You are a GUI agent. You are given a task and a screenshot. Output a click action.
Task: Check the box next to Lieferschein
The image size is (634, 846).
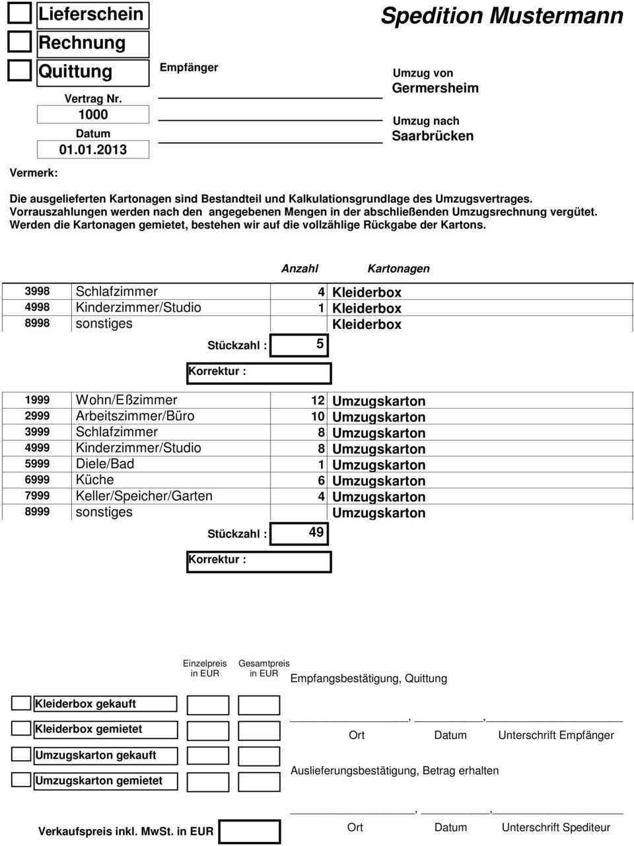20,14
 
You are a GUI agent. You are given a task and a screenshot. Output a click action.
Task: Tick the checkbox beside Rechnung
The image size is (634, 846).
20,42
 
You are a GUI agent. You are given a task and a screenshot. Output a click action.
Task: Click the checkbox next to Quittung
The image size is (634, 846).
20,71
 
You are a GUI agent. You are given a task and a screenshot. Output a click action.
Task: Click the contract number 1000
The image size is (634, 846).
92,114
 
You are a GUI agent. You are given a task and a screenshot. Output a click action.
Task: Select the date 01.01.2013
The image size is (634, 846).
92,149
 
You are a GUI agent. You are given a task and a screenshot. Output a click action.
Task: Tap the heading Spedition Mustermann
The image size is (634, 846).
502,16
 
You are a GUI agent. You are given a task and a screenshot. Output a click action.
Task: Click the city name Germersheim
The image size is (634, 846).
435,88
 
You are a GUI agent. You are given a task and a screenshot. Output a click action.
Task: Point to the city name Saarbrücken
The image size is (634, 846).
433,136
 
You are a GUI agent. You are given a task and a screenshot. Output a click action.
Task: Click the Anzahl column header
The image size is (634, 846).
300,269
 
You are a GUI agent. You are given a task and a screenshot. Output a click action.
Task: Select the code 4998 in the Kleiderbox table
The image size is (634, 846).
37,308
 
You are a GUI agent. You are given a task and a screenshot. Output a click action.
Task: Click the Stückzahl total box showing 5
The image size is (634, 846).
300,345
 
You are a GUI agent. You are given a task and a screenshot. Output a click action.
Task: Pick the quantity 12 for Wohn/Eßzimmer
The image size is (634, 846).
318,401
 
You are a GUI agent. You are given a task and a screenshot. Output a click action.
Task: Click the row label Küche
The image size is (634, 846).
95,480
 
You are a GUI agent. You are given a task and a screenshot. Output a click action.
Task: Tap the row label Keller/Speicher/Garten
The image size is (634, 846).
145,496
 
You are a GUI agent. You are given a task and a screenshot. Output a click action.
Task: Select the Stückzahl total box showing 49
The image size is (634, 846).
300,533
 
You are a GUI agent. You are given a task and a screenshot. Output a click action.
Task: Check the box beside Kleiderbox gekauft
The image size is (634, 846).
22,704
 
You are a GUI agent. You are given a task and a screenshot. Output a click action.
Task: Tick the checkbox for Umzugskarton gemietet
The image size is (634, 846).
22,780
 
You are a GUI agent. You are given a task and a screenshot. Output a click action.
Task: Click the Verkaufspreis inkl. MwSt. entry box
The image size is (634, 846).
249,831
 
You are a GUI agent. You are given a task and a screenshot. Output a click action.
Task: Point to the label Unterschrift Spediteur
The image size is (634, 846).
556,828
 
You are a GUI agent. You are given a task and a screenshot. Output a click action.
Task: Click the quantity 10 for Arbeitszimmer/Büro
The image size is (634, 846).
318,417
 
